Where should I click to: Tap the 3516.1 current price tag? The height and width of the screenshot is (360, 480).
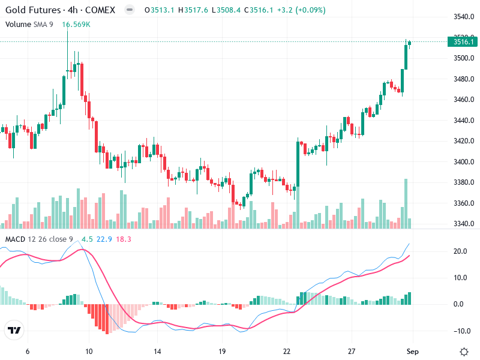click(x=463, y=41)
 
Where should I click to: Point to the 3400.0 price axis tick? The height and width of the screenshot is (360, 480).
click(x=463, y=162)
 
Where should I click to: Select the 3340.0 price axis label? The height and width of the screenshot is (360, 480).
click(x=463, y=224)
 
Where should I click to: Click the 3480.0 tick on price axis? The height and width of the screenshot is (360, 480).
click(x=463, y=79)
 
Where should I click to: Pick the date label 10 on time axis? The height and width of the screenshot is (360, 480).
click(x=89, y=351)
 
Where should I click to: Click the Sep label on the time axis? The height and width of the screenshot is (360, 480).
click(x=412, y=351)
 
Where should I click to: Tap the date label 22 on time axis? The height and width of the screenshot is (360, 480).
click(x=287, y=351)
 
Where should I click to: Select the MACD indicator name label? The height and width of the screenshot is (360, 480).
click(x=15, y=239)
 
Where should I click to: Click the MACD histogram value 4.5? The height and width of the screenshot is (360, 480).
click(x=88, y=239)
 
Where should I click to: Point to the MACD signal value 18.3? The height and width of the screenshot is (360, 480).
click(x=124, y=239)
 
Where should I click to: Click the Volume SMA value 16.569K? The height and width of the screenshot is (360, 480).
click(x=76, y=24)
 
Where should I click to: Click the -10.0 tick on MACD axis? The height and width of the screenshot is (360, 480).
click(x=461, y=331)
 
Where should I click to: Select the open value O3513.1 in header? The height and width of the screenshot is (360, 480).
click(x=160, y=10)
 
